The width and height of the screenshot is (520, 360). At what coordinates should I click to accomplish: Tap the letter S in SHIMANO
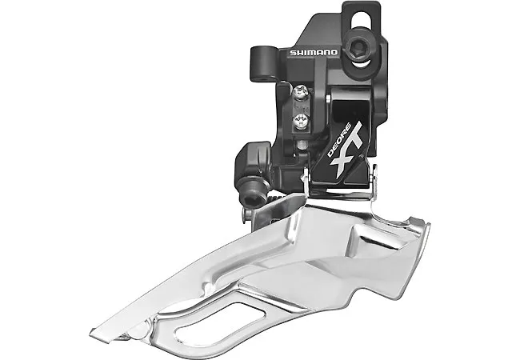(291, 52)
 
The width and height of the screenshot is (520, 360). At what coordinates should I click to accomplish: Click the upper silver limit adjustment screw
(300, 95)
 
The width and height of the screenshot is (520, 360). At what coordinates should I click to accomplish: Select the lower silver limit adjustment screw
(302, 122)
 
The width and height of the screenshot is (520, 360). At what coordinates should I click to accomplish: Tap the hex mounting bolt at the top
(358, 48)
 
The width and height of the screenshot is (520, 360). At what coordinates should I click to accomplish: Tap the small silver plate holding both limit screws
(302, 108)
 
